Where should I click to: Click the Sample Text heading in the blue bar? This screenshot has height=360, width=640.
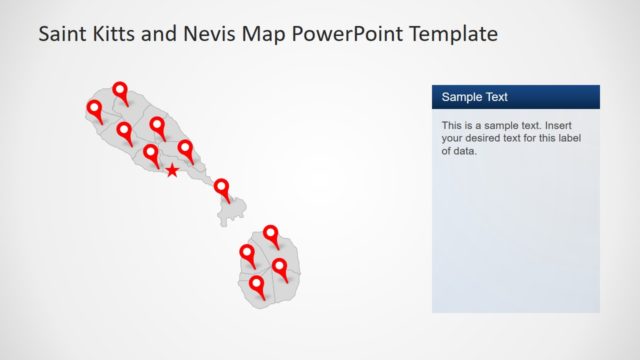[475, 97]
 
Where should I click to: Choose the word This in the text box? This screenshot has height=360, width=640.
[454, 126]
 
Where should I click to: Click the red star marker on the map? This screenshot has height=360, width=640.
[172, 171]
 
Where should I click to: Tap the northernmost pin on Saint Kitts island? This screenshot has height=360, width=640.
[121, 91]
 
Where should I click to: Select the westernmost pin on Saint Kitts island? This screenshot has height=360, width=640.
[95, 108]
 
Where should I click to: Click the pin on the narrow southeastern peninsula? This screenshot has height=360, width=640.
[222, 187]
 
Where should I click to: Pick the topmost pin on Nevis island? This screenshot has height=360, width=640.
[271, 234]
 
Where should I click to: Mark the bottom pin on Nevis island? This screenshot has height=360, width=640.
[257, 285]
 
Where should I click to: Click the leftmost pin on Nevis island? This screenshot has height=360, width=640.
[247, 253]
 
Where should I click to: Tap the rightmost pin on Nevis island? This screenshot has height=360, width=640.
[280, 267]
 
